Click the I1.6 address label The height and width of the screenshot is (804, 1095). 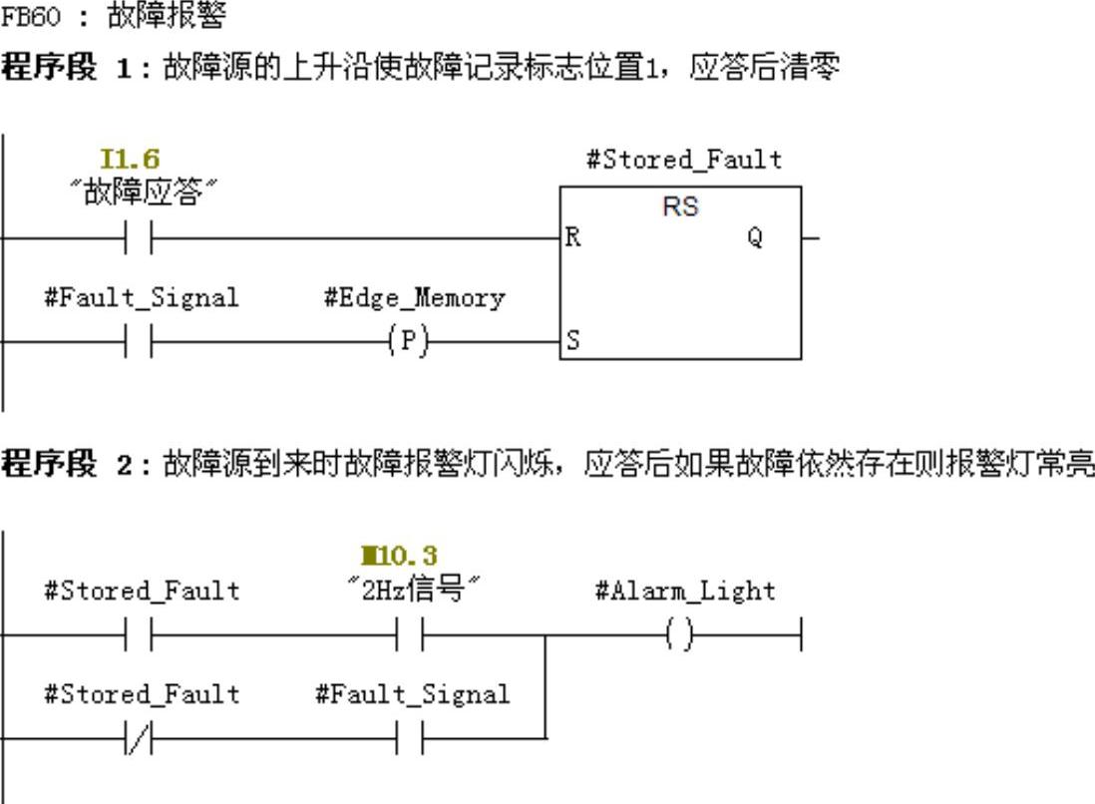coord(130,159)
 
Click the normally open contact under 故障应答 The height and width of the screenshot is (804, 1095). coord(139,238)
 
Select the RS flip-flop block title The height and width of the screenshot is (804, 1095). coord(680,206)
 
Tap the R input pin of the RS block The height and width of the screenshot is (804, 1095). coord(572,238)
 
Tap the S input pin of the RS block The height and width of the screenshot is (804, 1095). coord(571,341)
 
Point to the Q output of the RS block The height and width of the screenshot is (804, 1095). coord(754,238)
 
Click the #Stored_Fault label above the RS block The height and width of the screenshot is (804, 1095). coord(683,160)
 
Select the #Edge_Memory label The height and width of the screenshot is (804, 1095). coord(414,297)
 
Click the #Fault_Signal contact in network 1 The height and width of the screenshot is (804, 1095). coord(139,341)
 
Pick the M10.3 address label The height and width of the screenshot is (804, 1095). coord(399,556)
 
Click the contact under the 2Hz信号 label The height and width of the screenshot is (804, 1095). coord(410,634)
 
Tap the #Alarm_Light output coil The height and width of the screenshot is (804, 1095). coord(678,634)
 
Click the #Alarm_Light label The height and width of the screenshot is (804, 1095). coord(685,591)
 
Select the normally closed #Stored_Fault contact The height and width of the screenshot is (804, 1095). coord(139,738)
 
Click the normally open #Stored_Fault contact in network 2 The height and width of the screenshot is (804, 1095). coord(139,634)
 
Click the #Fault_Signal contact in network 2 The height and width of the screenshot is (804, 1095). coord(410,738)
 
